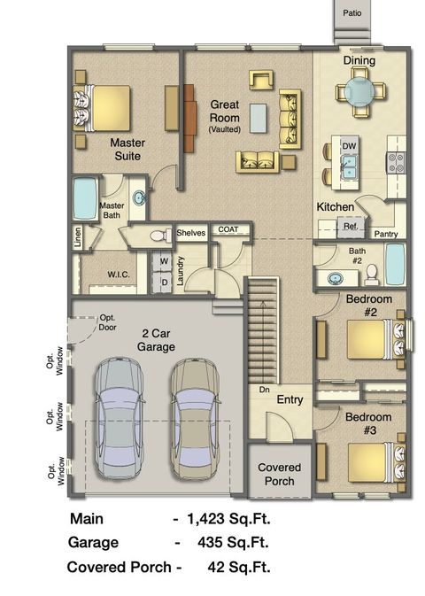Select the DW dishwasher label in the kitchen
pos(349,145)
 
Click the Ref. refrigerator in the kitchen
pos(350,227)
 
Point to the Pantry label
pos(385,234)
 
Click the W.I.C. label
pos(119,275)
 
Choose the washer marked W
pos(165,262)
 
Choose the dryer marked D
pos(165,283)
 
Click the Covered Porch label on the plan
pos(279,474)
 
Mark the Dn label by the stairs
pos(263,389)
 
